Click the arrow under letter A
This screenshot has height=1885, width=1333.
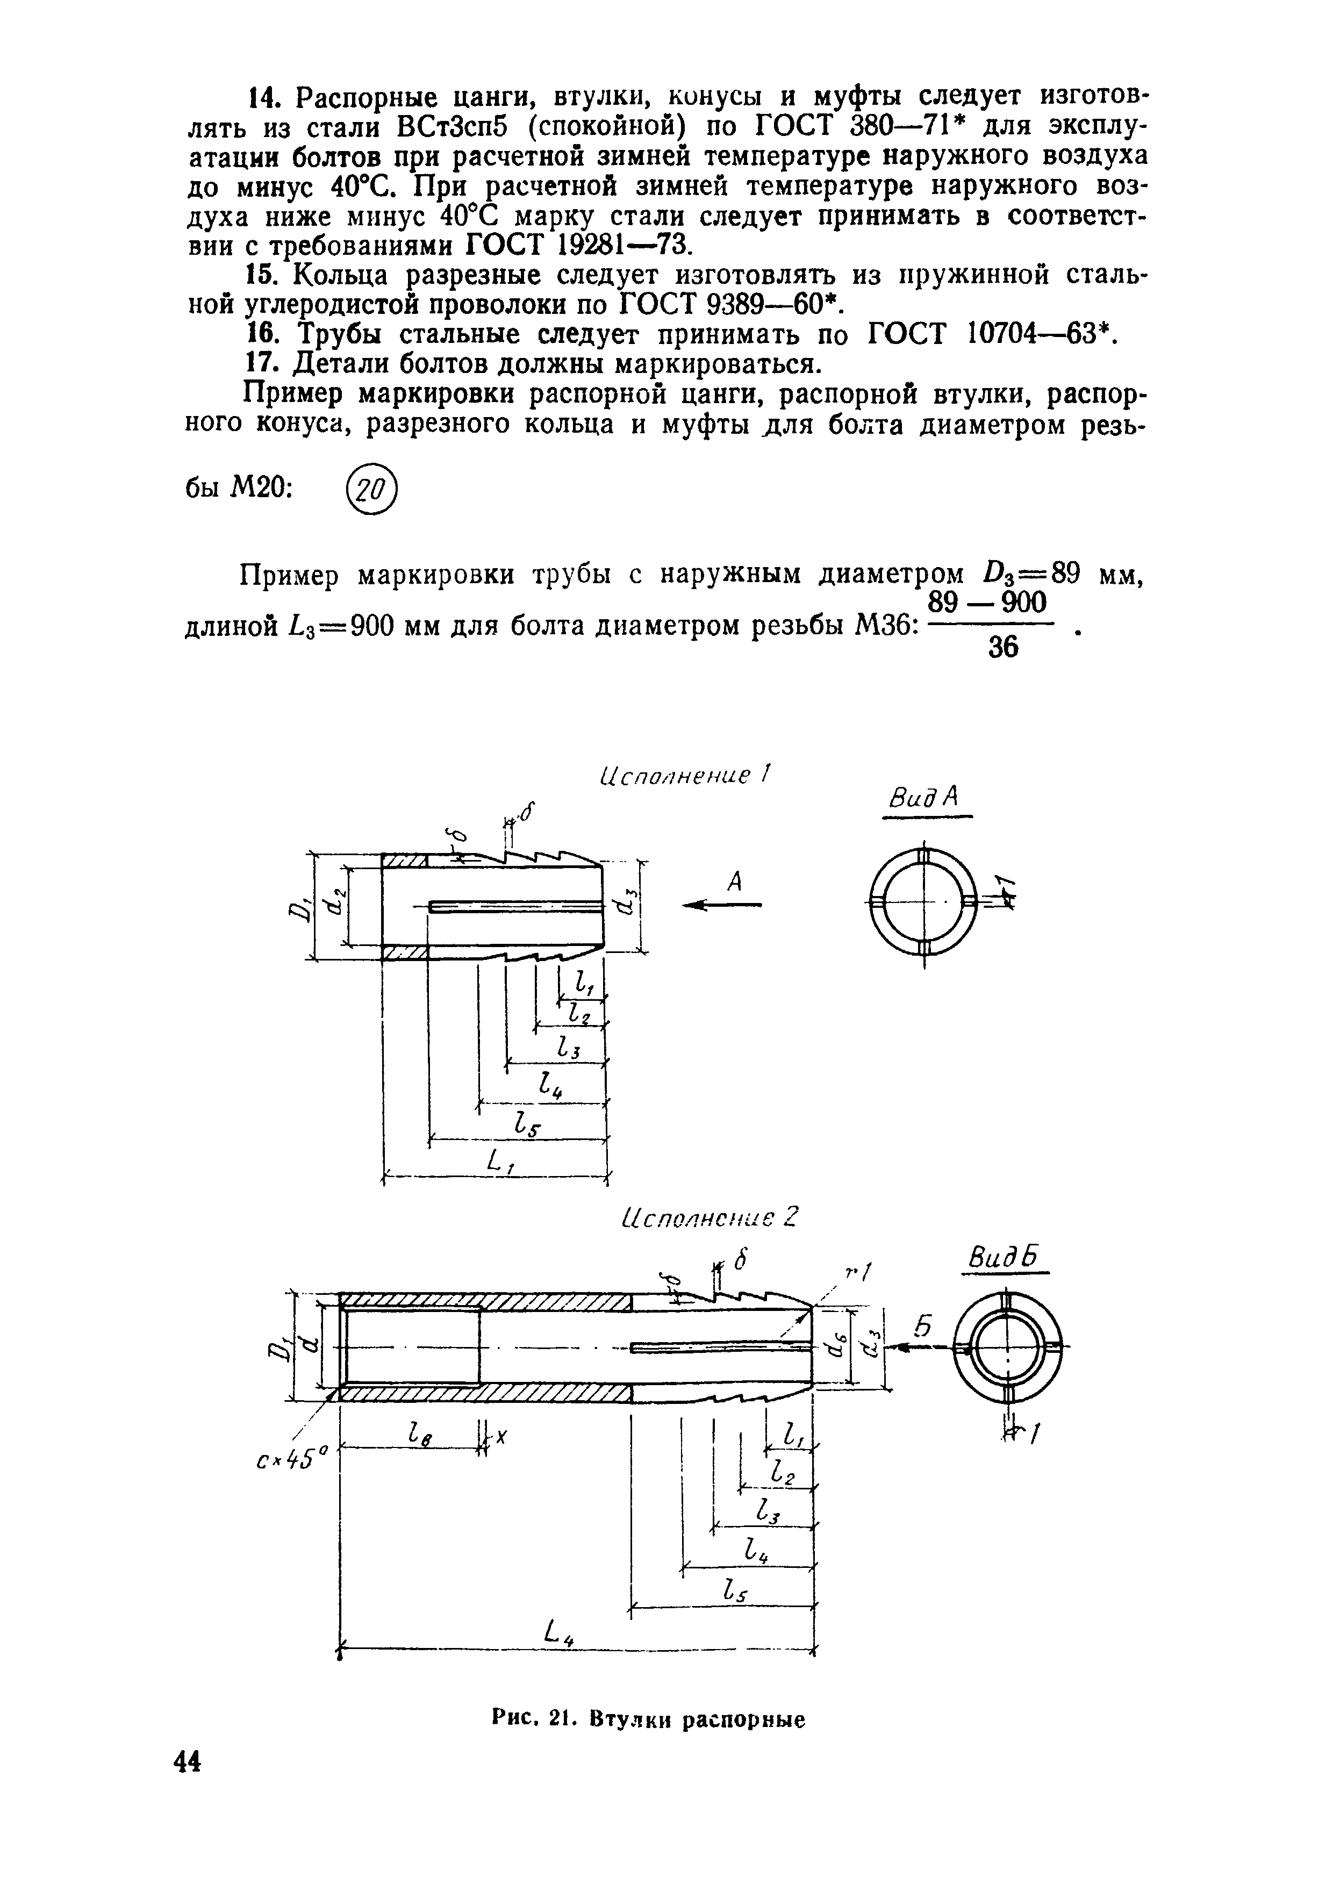(x=722, y=905)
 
